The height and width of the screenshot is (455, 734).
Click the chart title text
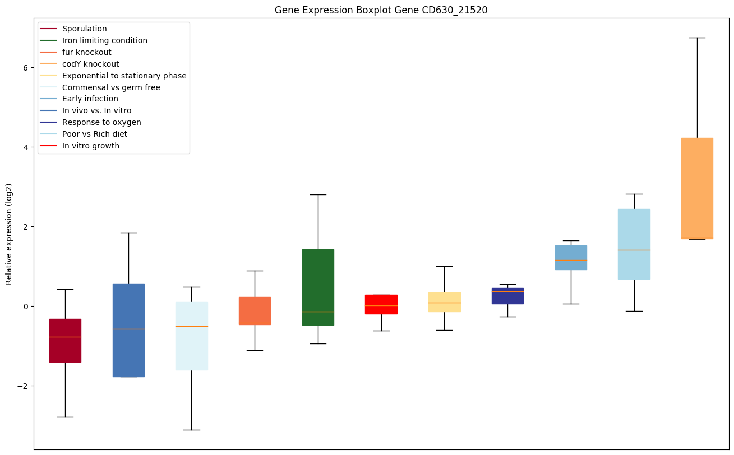pos(381,10)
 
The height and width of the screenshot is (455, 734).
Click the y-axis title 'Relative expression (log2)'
pos(9,234)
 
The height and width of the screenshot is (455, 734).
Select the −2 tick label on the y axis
pos(25,386)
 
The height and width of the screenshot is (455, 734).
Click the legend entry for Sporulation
pos(85,29)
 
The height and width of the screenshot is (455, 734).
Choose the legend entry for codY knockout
pos(90,64)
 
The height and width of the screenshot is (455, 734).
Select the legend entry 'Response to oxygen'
pos(101,122)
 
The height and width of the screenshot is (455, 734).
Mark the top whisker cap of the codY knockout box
pos(697,38)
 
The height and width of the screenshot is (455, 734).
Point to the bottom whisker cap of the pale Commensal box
pos(192,430)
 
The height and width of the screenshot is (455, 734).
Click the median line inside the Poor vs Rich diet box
pos(634,250)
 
